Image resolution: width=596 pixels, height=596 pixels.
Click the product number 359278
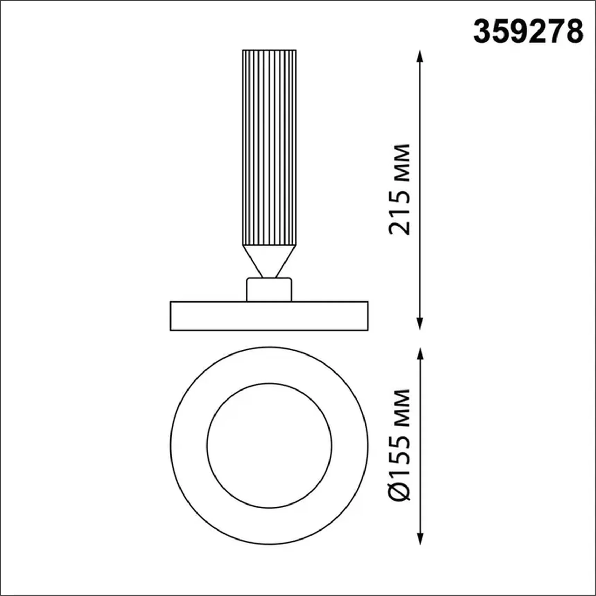click(528, 32)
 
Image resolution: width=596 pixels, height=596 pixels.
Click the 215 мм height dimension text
click(400, 190)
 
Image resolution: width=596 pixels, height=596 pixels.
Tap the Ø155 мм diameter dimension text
click(400, 445)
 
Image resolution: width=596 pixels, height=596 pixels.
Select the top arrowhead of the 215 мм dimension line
click(420, 55)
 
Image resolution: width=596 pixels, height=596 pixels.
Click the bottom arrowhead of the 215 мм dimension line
click(420, 324)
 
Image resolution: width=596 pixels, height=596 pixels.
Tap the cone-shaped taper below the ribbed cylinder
click(269, 258)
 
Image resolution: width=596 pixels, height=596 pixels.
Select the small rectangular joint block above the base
click(269, 290)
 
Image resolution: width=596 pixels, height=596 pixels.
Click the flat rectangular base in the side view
click(269, 316)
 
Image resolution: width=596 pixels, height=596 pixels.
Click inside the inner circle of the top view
click(269, 446)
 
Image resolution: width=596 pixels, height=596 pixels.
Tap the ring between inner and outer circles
click(189, 446)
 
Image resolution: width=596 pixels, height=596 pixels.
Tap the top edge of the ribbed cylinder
click(269, 50)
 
